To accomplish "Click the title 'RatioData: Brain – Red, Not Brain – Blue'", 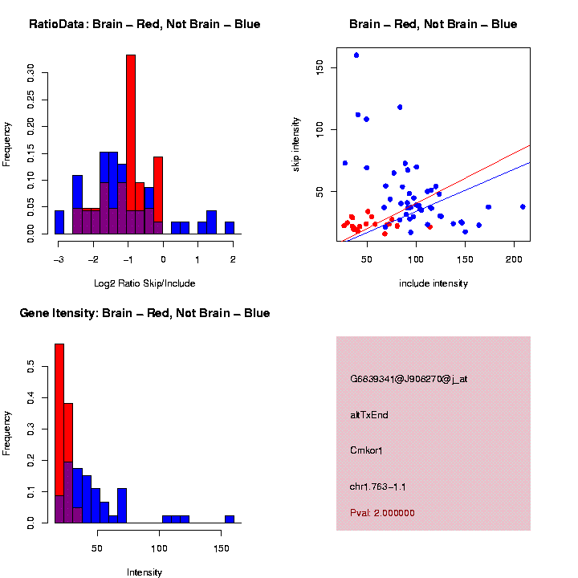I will point(144,24).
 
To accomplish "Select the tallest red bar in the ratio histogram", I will point(131,144).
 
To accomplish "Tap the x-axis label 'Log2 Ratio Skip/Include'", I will point(144,283).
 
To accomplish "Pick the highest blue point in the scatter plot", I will point(356,55).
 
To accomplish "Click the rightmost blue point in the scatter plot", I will point(523,207).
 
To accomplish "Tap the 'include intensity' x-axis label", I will point(433,283).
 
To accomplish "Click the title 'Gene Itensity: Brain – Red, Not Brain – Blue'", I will point(144,313).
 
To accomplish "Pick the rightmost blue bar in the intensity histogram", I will point(230,519).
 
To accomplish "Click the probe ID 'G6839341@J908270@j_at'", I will point(409,379).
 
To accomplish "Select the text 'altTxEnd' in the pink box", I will point(369,415).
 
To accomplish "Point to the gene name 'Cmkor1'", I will point(366,450).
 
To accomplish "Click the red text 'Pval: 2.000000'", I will point(382,513).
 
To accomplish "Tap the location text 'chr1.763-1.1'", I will point(378,486).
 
